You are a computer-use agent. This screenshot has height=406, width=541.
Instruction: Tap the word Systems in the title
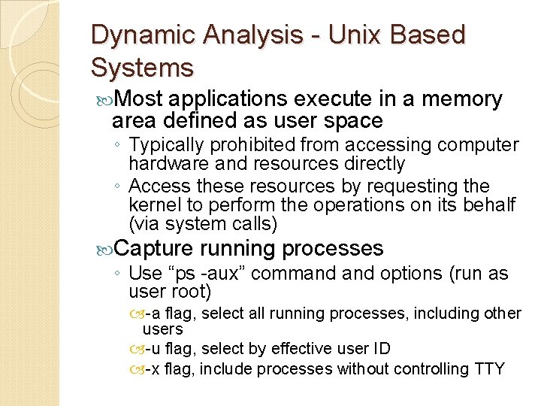click(142, 68)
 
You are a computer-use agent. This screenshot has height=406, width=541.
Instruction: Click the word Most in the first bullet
click(141, 99)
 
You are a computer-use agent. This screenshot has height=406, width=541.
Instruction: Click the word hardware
click(166, 163)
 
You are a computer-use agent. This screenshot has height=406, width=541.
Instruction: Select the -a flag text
click(158, 313)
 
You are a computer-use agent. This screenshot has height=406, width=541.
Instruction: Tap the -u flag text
click(158, 349)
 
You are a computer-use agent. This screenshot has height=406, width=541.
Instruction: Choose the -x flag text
click(158, 369)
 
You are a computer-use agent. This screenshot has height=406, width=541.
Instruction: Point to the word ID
click(381, 349)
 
